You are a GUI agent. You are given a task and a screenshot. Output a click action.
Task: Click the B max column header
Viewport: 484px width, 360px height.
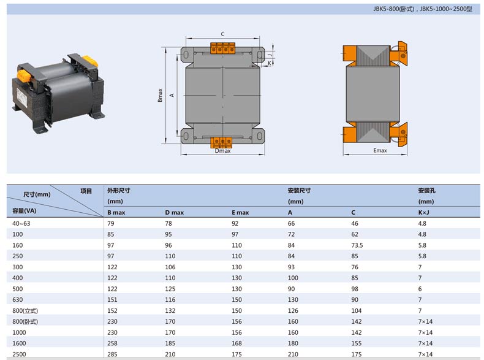[116, 212]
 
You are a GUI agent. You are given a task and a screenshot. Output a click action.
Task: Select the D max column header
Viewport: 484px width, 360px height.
[174, 212]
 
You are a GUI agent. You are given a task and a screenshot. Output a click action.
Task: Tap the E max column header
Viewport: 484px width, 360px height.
[240, 212]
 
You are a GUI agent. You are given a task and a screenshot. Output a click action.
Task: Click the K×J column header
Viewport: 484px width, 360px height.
[424, 212]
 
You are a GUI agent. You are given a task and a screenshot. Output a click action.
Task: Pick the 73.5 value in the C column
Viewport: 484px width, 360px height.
[357, 245]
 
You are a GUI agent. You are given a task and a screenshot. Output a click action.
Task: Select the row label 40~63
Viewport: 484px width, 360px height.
[21, 223]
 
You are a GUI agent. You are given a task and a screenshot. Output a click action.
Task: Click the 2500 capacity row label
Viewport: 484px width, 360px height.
[19, 354]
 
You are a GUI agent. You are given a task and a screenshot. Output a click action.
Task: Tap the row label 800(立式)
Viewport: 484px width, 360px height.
[25, 310]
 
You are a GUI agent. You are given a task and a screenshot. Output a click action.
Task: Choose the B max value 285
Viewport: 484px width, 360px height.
[112, 354]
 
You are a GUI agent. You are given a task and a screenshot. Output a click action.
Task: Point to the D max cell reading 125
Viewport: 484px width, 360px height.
[170, 289]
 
